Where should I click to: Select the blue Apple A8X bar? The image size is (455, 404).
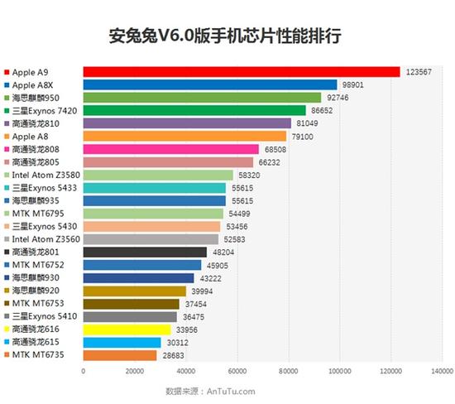(x=210, y=84)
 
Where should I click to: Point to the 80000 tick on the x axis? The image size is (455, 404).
(x=288, y=370)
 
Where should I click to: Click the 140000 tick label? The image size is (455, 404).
(x=441, y=370)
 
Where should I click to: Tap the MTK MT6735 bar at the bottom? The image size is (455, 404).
(x=120, y=354)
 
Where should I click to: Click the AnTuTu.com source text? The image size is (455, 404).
(x=226, y=390)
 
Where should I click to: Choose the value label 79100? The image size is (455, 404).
(x=301, y=136)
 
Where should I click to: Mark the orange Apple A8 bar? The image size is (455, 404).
(x=184, y=136)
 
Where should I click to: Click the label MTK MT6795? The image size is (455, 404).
(x=37, y=214)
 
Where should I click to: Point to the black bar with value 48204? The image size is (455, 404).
(x=145, y=252)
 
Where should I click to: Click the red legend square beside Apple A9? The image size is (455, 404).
(x=7, y=72)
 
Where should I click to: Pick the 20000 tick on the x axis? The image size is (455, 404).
(x=134, y=370)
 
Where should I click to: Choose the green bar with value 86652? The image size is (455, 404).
(x=194, y=110)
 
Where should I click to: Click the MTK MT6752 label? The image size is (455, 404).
(x=37, y=265)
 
